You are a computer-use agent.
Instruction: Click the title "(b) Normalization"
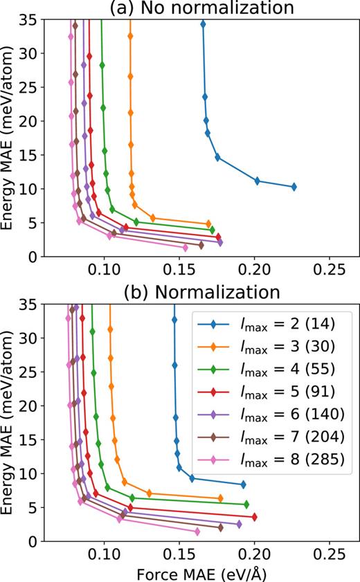point(200,292)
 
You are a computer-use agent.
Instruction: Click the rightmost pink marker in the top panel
point(185,248)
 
